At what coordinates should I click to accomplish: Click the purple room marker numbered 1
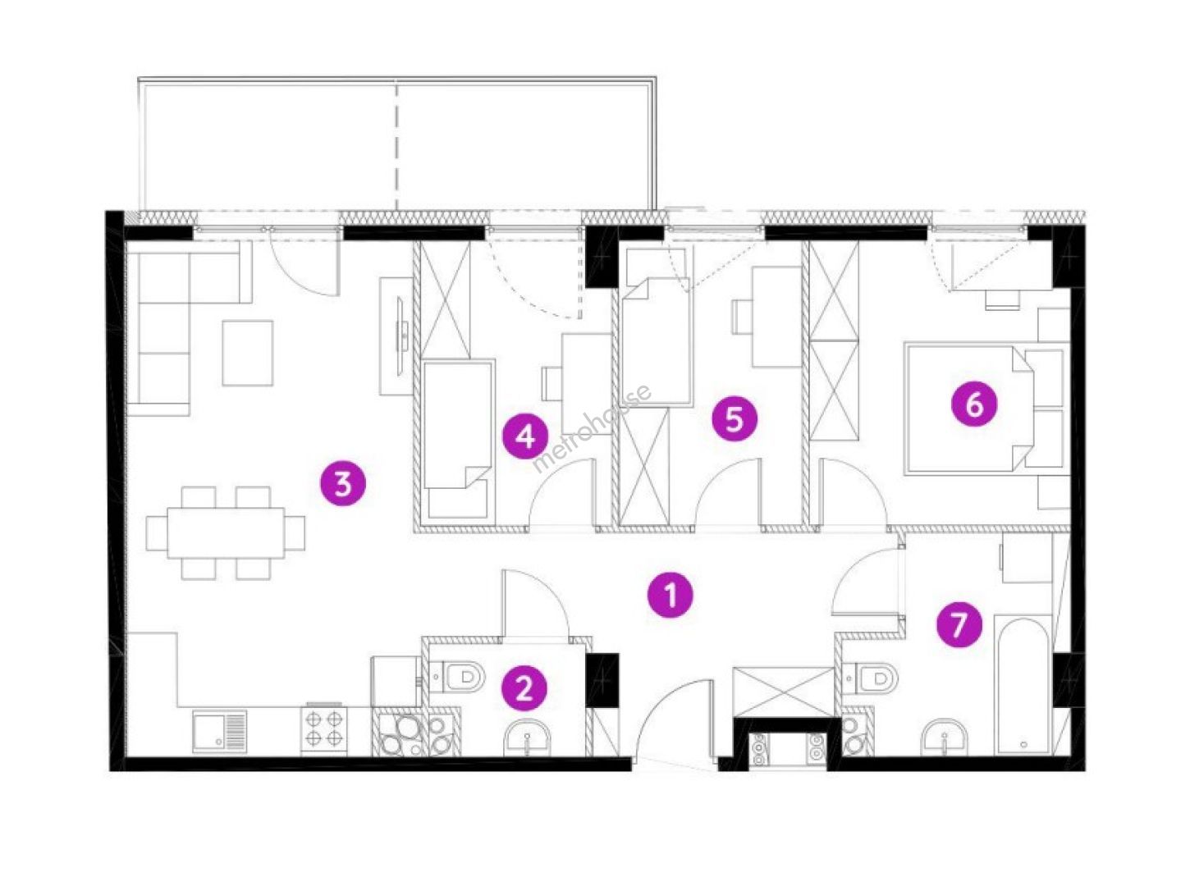click(671, 595)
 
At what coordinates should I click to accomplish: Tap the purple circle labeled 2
click(524, 687)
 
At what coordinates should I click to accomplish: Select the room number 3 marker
click(343, 483)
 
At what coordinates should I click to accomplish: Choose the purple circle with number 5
click(735, 419)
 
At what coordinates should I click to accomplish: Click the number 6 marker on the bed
click(974, 404)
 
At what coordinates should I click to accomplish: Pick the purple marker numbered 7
click(959, 625)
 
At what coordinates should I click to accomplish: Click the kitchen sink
click(219, 731)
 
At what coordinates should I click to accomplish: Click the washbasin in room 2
click(527, 738)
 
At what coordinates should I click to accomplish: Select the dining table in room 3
click(226, 533)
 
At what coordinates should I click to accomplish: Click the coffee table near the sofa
click(247, 353)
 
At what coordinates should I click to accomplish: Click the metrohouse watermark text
click(593, 427)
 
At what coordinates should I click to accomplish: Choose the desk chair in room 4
click(551, 383)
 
